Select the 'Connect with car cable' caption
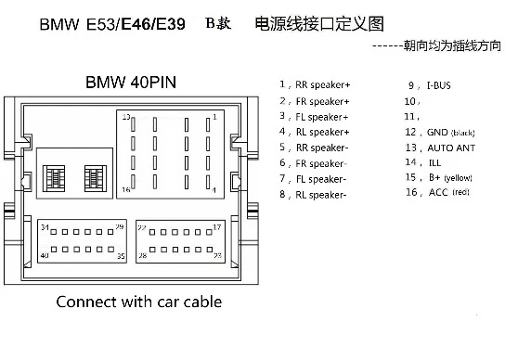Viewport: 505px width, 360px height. click(x=139, y=302)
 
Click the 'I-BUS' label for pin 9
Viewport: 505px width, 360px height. click(x=439, y=84)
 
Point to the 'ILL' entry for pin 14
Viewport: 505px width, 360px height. click(x=434, y=161)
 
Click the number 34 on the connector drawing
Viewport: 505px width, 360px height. click(x=44, y=227)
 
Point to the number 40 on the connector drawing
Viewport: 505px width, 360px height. click(x=44, y=254)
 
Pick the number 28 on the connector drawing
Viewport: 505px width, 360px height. click(x=142, y=254)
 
